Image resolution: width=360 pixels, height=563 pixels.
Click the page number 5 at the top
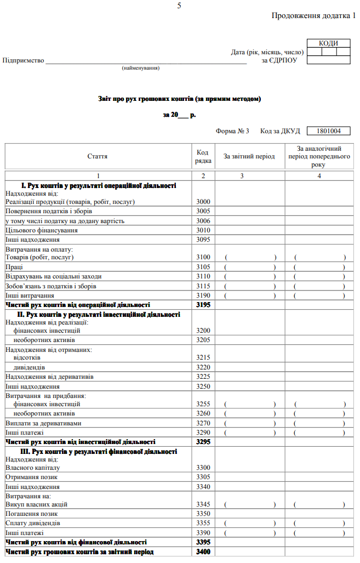[179, 5]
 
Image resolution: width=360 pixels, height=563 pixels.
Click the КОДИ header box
[328, 43]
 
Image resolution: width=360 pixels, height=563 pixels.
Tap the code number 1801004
[328, 131]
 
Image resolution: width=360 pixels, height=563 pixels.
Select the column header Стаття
[98, 156]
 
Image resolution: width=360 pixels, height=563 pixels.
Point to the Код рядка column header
[203, 156]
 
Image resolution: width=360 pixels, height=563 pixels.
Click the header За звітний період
[249, 156]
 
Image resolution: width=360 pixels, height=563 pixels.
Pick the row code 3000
[203, 202]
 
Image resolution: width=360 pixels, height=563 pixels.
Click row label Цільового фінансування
[42, 230]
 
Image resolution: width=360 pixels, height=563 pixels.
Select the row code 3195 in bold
[203, 305]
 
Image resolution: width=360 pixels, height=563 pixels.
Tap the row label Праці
[14, 267]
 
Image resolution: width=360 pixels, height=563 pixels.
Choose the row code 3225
[203, 377]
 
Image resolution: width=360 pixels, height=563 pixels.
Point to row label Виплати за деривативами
[44, 423]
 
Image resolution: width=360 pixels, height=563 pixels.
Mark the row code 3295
[203, 442]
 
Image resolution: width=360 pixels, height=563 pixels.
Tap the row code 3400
[203, 551]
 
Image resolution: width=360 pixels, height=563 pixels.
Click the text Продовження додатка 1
[313, 15]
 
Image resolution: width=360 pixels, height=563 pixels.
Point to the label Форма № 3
[232, 131]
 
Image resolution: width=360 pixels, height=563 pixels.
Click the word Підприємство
[23, 60]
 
